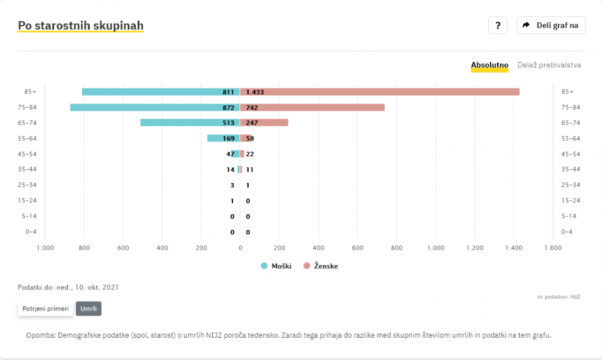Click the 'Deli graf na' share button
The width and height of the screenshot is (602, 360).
[551, 25]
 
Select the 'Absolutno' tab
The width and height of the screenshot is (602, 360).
[489, 65]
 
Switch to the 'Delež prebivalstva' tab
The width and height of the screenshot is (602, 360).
[549, 65]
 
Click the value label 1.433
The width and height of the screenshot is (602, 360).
[255, 92]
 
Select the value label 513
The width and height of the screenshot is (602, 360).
[229, 123]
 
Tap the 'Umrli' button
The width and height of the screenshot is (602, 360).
[88, 309]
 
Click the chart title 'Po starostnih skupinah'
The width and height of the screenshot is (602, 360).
[81, 26]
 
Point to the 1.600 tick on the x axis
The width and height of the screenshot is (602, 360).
[553, 247]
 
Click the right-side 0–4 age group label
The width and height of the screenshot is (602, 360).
[567, 232]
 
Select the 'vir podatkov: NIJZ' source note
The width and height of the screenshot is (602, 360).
[558, 297]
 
